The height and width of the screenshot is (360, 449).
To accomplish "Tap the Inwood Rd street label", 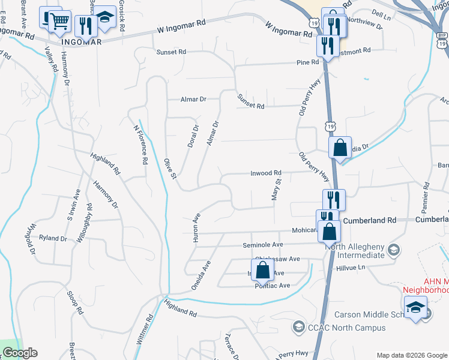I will pos(266,173).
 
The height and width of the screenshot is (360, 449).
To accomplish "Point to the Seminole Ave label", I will pos(262,245).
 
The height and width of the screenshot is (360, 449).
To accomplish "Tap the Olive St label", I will pos(170,169).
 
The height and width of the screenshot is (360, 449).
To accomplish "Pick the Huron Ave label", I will pos(194,226).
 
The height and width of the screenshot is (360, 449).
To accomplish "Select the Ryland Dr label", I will pos(53,238).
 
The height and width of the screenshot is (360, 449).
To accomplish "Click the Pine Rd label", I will pos(307,62).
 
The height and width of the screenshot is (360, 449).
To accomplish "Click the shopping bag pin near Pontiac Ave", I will pos(262,270).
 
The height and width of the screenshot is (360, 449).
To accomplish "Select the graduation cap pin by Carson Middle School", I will pos(414,308).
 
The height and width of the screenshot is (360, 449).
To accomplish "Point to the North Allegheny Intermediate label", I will pos(354,250).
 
